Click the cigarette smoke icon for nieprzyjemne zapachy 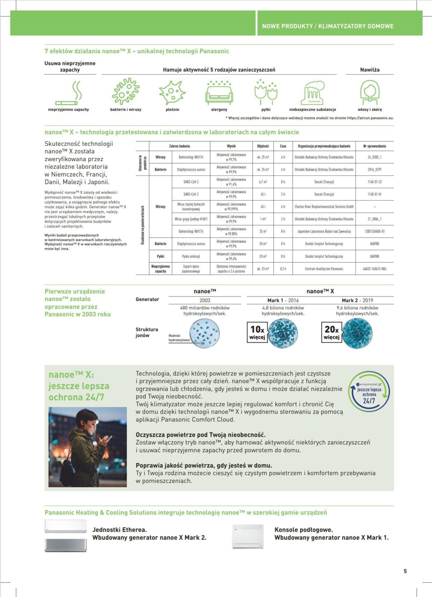click(x=69, y=93)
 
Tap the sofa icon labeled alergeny click(x=219, y=93)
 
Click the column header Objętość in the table click(x=263, y=146)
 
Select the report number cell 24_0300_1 click(x=374, y=157)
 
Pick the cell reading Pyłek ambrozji click(x=191, y=256)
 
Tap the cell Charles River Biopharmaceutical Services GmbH click(x=324, y=206)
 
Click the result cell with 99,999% click(x=231, y=207)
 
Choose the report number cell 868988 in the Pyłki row click(x=374, y=256)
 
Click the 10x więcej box click(x=257, y=332)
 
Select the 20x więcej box click(x=332, y=332)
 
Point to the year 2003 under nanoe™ click(x=205, y=300)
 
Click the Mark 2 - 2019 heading click(x=357, y=300)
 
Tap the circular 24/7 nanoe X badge click(x=369, y=392)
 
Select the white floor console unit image click(x=248, y=537)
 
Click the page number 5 click(x=405, y=571)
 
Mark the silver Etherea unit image click(x=66, y=545)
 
